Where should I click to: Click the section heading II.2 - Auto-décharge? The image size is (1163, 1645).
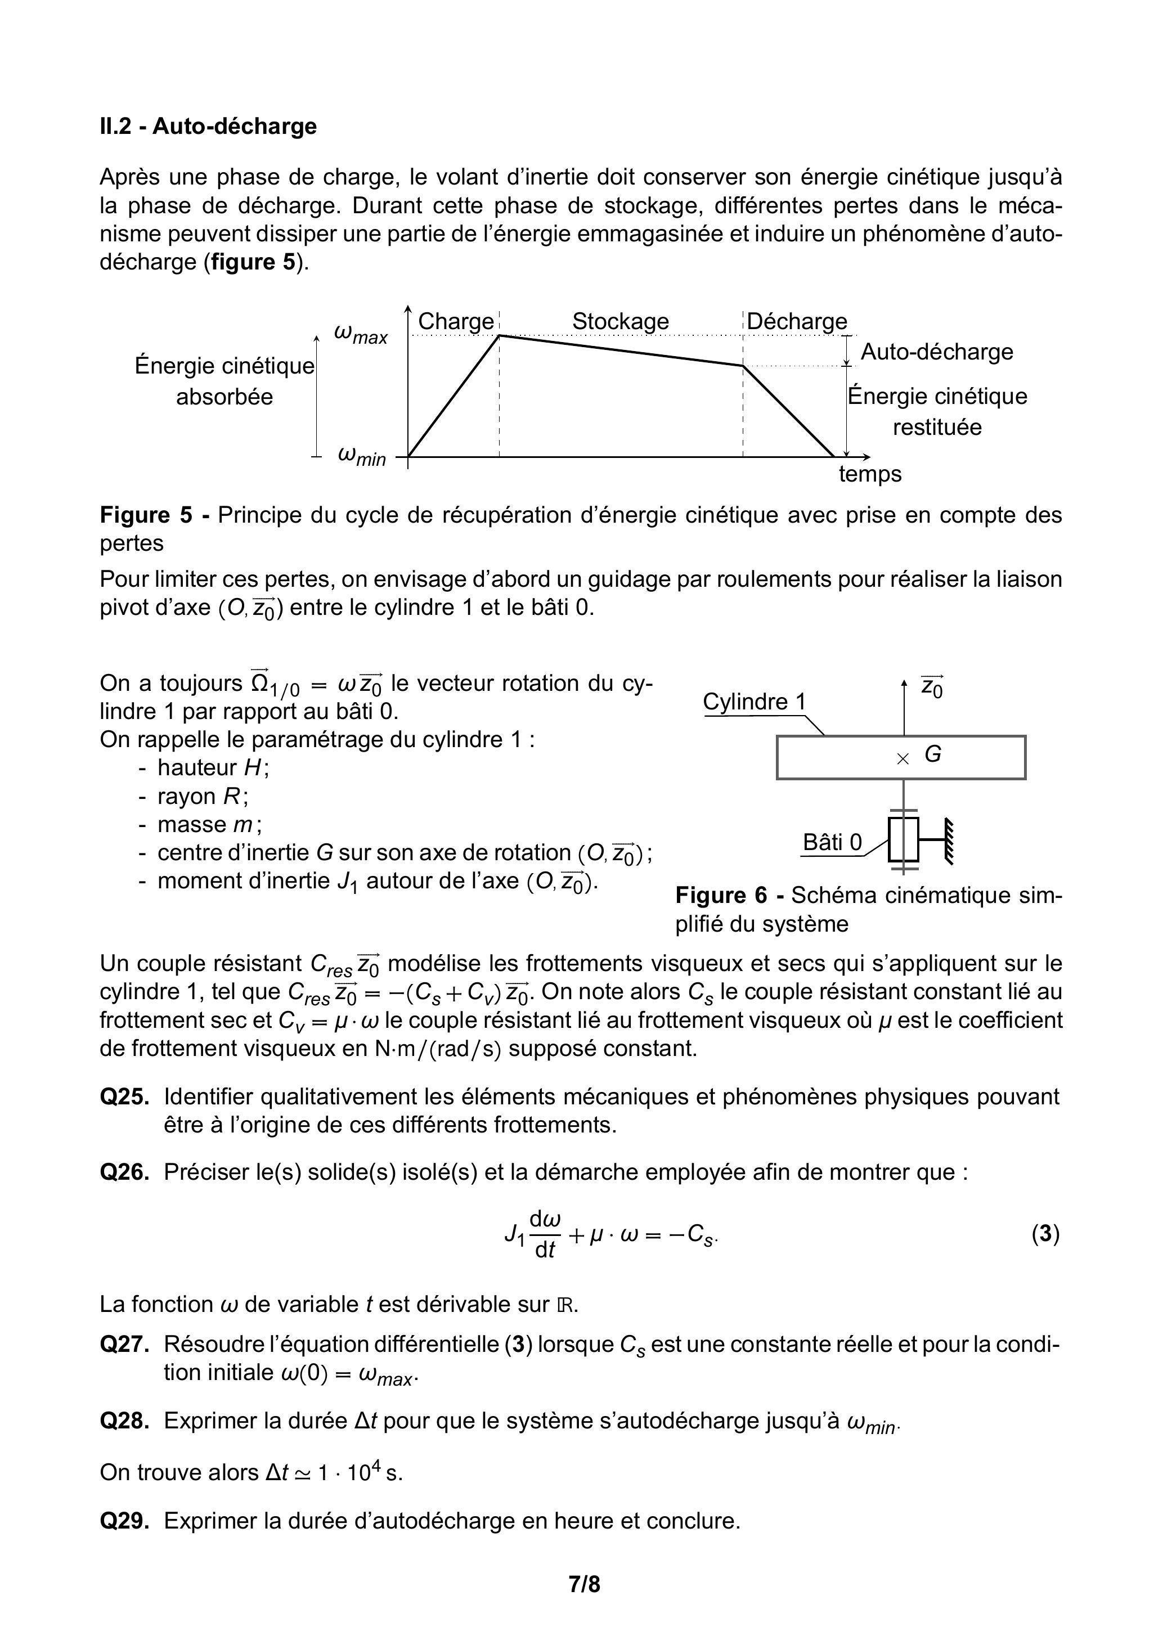pyautogui.click(x=208, y=126)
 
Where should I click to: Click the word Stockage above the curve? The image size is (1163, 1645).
pyautogui.click(x=620, y=321)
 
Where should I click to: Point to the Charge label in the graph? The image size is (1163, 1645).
pyautogui.click(x=456, y=321)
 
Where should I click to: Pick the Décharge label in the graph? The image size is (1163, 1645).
pyautogui.click(x=796, y=321)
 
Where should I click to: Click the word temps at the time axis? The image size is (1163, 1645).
pyautogui.click(x=870, y=474)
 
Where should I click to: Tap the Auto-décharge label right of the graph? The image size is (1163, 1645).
pyautogui.click(x=937, y=352)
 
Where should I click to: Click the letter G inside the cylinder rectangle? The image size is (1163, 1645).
pyautogui.click(x=932, y=754)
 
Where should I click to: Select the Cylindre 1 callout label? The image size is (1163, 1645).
pyautogui.click(x=754, y=702)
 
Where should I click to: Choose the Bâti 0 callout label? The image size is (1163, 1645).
pyautogui.click(x=832, y=843)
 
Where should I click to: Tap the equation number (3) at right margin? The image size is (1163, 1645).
pyautogui.click(x=1045, y=1234)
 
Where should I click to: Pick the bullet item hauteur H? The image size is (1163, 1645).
pyautogui.click(x=213, y=768)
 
